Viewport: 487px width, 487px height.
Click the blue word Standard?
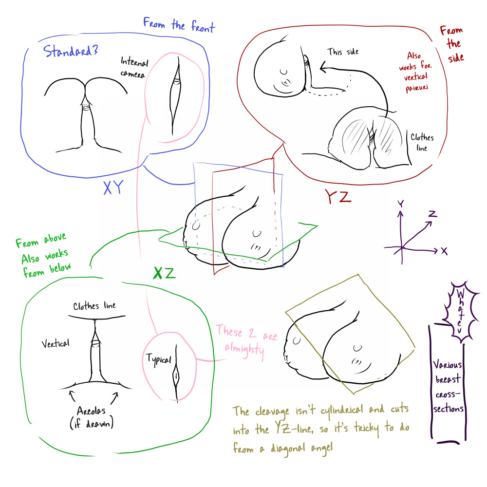[x=71, y=51]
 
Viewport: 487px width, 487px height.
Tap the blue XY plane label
[x=113, y=187]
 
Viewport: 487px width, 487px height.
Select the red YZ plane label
[x=338, y=197]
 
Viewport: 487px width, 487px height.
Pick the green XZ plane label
[x=164, y=273]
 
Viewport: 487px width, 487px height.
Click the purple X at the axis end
[x=444, y=251]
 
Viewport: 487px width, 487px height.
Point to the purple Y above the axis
[x=401, y=204]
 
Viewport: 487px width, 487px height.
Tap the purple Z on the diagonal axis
[x=432, y=214]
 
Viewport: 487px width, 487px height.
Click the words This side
[x=343, y=52]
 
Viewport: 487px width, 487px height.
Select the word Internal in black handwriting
[x=134, y=61]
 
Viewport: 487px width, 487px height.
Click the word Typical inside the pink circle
[x=159, y=360]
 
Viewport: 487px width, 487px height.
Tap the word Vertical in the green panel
[x=56, y=343]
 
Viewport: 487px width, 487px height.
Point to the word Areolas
[x=91, y=411]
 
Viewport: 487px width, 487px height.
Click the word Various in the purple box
[x=447, y=365]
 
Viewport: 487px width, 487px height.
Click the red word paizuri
[x=416, y=88]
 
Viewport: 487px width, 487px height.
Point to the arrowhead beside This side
[x=323, y=66]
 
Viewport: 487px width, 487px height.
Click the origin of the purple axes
[x=402, y=247]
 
